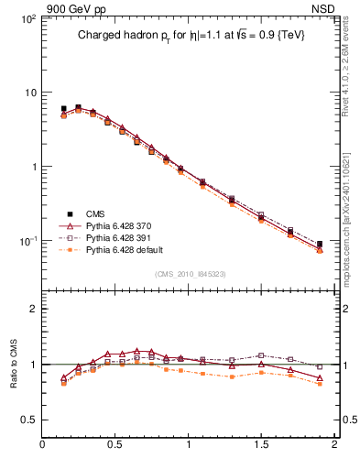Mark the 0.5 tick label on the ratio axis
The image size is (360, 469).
point(27,420)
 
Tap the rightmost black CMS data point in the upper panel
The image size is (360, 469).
point(319,245)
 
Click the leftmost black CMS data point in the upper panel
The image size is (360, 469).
point(63,109)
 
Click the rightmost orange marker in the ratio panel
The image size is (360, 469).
point(319,384)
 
